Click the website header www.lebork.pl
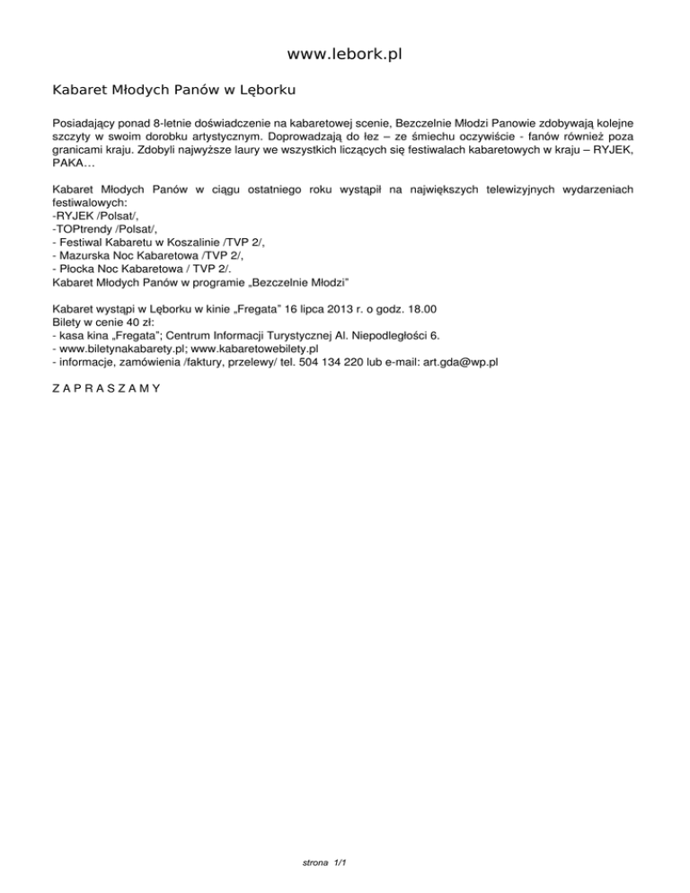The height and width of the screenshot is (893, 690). point(345,55)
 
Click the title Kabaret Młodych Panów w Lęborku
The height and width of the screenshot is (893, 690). point(174,91)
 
